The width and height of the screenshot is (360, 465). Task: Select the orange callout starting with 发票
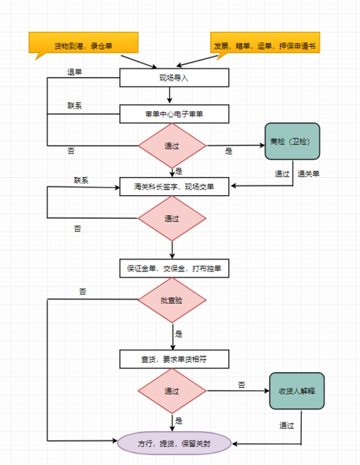pos(264,45)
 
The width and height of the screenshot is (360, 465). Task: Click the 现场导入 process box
pos(174,78)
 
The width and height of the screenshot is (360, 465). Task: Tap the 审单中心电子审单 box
pos(174,114)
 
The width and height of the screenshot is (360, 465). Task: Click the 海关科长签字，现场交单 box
pos(174,186)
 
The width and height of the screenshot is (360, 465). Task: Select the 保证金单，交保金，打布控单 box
pos(174,269)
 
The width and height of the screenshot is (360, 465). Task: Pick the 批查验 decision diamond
pos(172,300)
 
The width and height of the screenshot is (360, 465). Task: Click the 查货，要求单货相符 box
pos(174,358)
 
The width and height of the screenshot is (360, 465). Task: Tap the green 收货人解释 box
pos(297,391)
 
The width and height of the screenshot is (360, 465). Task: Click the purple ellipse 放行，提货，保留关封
pos(174,443)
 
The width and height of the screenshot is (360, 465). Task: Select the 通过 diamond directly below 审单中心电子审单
pos(172,146)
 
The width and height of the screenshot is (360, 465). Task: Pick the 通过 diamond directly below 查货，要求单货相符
pos(172,391)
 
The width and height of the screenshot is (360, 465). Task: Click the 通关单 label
pos(309,174)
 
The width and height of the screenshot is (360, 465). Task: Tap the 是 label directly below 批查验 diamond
pos(179,334)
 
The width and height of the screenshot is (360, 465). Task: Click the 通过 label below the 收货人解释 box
pos(287,425)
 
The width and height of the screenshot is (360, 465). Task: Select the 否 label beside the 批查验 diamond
pos(83,292)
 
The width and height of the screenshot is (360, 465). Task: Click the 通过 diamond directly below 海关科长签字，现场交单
pos(172,218)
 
